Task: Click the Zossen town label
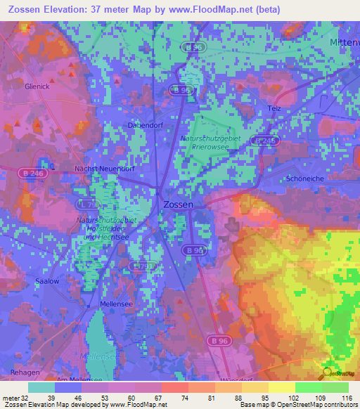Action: click(177, 204)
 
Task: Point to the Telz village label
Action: click(274, 108)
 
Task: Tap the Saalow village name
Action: click(47, 280)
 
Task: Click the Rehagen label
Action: click(23, 370)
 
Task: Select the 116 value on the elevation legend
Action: click(348, 397)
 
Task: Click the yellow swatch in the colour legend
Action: click(281, 387)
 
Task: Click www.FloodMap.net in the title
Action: click(220, 9)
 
